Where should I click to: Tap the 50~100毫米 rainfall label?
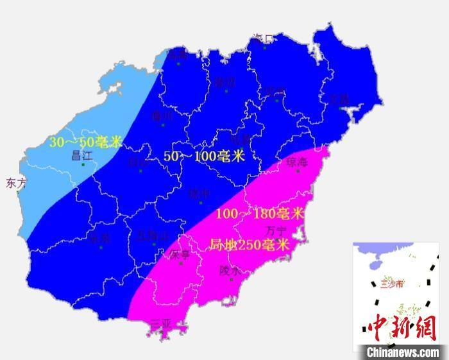click(x=205, y=156)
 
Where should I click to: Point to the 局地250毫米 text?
click(x=249, y=244)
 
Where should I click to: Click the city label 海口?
click(x=263, y=39)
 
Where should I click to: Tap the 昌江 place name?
click(x=82, y=155)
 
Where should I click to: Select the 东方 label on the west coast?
click(x=16, y=183)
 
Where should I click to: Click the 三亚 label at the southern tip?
click(x=161, y=324)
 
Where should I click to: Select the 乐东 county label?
click(x=99, y=238)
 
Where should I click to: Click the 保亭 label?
click(x=180, y=255)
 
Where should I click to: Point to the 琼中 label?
click(x=199, y=193)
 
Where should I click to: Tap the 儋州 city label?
click(x=162, y=116)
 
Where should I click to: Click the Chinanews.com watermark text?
click(x=403, y=352)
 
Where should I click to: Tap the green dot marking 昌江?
click(x=83, y=165)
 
